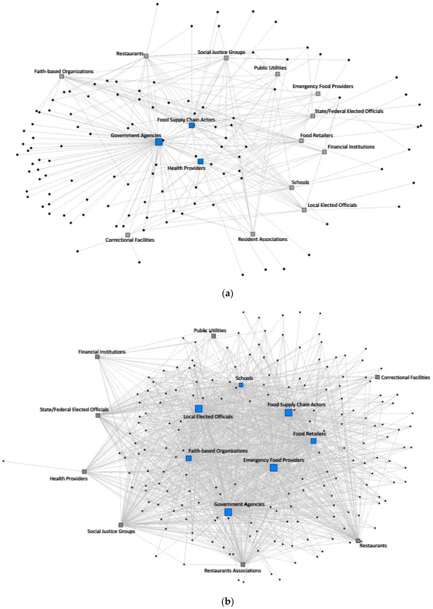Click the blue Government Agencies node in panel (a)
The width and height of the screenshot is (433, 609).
pos(159,142)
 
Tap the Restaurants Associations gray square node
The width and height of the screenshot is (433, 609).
pos(243,565)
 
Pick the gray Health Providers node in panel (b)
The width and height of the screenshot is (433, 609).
pos(84,472)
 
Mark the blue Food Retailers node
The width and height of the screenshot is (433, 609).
pos(313,441)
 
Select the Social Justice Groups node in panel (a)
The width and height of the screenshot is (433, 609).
pos(226,58)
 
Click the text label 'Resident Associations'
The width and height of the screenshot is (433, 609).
pos(263,239)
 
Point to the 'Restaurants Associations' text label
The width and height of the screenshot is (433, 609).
pos(233,571)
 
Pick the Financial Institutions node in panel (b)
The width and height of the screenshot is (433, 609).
pos(97,357)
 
